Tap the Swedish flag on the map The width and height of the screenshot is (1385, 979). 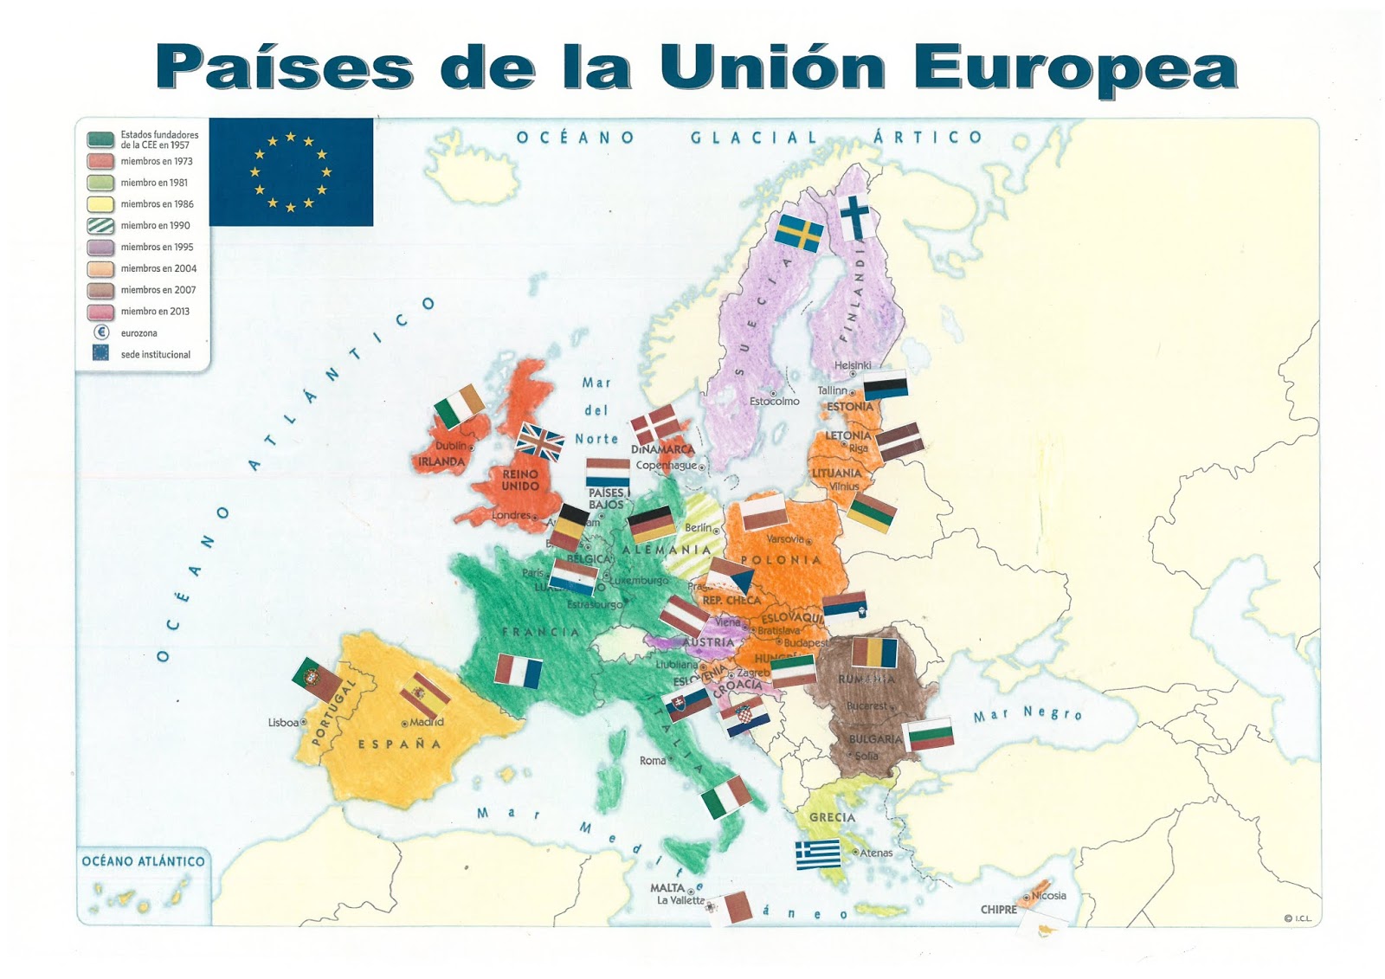point(799,233)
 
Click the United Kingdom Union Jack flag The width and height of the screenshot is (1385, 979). point(540,441)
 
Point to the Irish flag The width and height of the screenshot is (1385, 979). point(460,406)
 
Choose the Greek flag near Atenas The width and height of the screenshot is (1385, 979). point(818,853)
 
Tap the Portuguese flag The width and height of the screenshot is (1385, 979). point(317,680)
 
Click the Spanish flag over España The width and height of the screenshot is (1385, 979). point(424,695)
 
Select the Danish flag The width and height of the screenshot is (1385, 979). point(654,424)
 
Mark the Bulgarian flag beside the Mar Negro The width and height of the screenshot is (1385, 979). point(929,734)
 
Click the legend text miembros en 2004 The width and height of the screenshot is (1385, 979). point(158,268)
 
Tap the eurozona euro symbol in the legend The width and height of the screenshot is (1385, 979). point(101,332)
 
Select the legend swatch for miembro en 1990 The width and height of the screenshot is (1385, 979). point(100,226)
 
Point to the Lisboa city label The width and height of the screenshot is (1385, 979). point(283,723)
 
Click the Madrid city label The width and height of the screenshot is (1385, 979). point(426,722)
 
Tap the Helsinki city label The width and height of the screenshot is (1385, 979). point(853,365)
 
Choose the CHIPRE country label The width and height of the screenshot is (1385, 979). point(998,910)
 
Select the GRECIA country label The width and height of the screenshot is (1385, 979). point(832,817)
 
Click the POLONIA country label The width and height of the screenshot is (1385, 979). point(781,560)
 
